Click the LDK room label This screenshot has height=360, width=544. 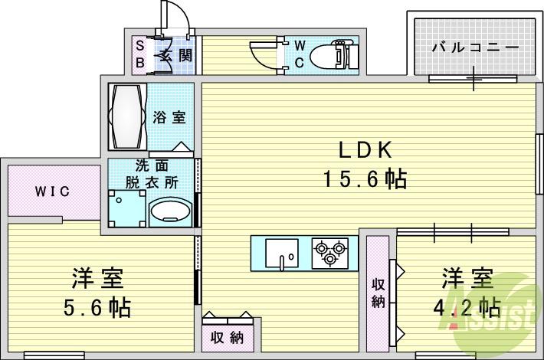pyautogui.click(x=362, y=150)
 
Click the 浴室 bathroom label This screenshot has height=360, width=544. pyautogui.click(x=169, y=118)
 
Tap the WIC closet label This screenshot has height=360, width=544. pyautogui.click(x=52, y=191)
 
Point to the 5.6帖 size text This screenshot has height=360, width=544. pyautogui.click(x=97, y=308)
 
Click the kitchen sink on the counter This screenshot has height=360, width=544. pyautogui.click(x=282, y=252)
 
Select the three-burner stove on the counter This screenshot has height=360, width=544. pyautogui.click(x=329, y=252)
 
